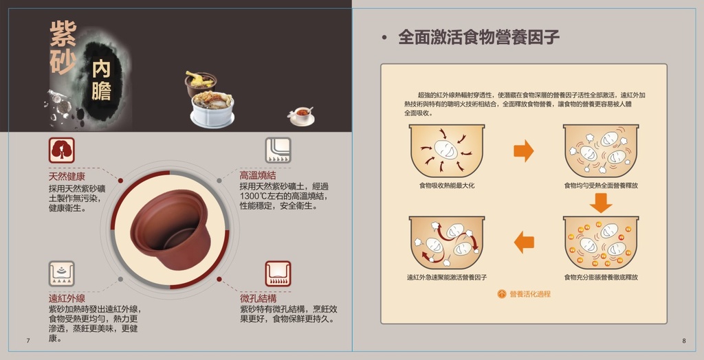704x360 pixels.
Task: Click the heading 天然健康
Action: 67,177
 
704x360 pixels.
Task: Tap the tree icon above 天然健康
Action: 61,150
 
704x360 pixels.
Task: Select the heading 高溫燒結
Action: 258,175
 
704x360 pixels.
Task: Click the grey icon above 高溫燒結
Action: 278,150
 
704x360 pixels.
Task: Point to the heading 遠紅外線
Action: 67,298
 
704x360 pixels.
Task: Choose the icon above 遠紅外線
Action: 61,274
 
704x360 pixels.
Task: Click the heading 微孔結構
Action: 258,298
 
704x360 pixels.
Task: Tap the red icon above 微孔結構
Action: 278,274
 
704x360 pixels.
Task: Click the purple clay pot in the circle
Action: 170,229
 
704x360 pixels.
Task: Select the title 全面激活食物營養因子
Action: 478,37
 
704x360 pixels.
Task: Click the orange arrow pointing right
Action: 524,151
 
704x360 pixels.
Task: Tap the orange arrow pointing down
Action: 601,203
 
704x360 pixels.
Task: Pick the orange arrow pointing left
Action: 524,243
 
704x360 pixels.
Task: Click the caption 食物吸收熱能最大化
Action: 447,185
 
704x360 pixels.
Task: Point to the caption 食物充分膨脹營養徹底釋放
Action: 601,278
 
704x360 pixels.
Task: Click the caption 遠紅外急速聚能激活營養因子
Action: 447,278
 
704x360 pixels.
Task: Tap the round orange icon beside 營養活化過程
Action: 502,294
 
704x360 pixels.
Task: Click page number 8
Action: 684,341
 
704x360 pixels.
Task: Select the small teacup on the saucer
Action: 301,116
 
